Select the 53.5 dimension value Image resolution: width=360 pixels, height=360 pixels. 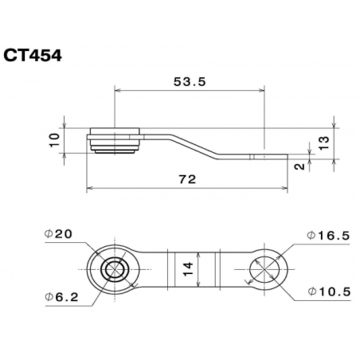[188, 80]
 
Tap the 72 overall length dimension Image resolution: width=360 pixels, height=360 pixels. [186, 180]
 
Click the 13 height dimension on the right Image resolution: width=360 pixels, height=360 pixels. [323, 143]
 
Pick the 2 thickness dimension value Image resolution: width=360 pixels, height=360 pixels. [298, 166]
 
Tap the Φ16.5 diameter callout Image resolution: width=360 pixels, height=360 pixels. [327, 237]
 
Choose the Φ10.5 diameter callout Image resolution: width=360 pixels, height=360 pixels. [327, 292]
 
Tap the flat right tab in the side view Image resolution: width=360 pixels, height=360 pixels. [255, 157]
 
